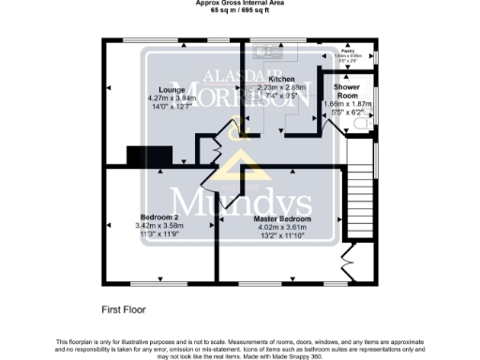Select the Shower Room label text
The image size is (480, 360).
(346, 90)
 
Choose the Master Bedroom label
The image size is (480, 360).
(282, 218)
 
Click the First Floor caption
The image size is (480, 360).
(124, 308)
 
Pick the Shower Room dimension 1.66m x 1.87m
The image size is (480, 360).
(346, 105)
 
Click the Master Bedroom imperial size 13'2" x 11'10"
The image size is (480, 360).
(282, 235)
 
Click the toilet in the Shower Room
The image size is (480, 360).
(370, 123)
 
